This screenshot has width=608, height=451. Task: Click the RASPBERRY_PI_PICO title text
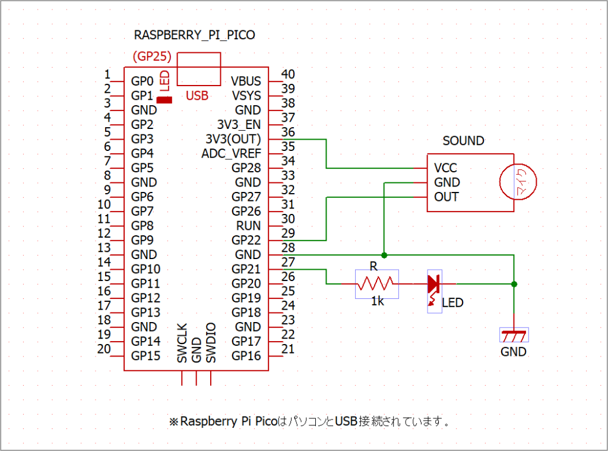coord(195,35)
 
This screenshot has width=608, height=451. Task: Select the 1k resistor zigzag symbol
coord(377,284)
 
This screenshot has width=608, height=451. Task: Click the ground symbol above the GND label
coord(514,335)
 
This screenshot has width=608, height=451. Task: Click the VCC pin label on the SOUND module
coord(446,168)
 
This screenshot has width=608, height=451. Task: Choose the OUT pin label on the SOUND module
coord(446,197)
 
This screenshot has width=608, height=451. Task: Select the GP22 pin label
coord(246,241)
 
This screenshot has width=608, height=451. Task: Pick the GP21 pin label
coord(246,269)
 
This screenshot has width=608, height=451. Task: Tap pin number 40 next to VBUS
coord(287,74)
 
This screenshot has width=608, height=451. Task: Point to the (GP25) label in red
coord(152,56)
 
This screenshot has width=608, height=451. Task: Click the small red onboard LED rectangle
coord(164,100)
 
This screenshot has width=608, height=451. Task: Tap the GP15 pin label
coord(145,356)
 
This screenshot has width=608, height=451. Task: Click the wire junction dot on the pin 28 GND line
coord(385,255)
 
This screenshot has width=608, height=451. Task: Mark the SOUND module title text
coord(463,141)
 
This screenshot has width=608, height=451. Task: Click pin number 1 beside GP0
coord(107,75)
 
